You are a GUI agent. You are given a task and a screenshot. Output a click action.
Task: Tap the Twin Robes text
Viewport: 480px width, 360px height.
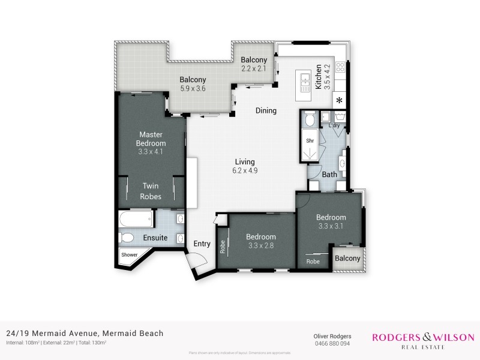pyautogui.click(x=151, y=191)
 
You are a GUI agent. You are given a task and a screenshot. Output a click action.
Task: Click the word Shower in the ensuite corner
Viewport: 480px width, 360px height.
pyautogui.click(x=130, y=255)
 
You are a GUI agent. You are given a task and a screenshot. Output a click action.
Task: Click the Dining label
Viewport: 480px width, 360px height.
pyautogui.click(x=266, y=110)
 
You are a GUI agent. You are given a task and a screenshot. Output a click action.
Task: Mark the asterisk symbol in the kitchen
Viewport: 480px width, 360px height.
pyautogui.click(x=340, y=100)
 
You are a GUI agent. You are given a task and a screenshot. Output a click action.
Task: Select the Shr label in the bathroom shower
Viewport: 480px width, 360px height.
pyautogui.click(x=310, y=141)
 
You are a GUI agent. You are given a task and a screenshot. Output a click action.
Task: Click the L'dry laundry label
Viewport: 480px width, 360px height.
pyautogui.click(x=334, y=125)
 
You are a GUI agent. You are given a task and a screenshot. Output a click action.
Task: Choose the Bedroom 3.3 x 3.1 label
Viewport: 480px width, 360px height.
pyautogui.click(x=331, y=221)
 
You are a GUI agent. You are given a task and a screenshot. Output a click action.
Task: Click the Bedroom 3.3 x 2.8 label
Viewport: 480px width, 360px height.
pyautogui.click(x=260, y=241)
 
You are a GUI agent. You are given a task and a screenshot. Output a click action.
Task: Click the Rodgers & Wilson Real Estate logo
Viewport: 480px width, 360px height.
pyautogui.click(x=423, y=341)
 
